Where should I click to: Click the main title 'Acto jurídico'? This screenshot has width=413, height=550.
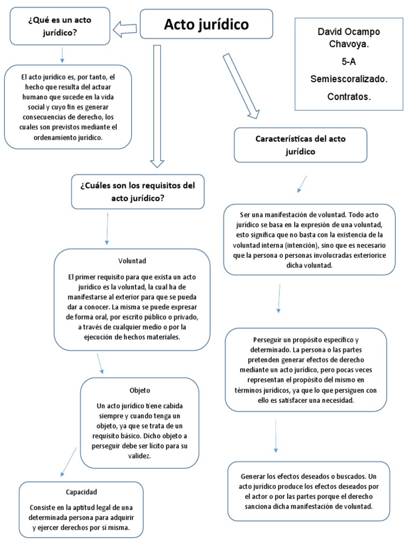pyautogui.click(x=206, y=24)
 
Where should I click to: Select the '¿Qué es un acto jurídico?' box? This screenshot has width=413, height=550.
pyautogui.click(x=60, y=26)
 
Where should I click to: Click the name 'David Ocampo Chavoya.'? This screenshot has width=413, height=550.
pyautogui.click(x=348, y=38)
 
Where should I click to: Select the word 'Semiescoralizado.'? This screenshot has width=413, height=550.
pyautogui.click(x=348, y=78)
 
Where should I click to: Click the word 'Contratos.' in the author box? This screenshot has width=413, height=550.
pyautogui.click(x=348, y=97)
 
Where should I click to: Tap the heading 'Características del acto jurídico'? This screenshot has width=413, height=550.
pyautogui.click(x=300, y=145)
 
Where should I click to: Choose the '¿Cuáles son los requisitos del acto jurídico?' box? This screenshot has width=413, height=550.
pyautogui.click(x=138, y=191)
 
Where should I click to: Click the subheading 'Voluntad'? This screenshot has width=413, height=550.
pyautogui.click(x=132, y=261)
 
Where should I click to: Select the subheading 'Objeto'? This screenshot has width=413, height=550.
pyautogui.click(x=140, y=390)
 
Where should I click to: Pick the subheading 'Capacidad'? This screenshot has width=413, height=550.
pyautogui.click(x=81, y=491)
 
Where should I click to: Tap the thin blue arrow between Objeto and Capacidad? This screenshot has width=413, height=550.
pyautogui.click(x=68, y=461)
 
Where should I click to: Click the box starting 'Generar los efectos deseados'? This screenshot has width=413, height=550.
pyautogui.click(x=308, y=491)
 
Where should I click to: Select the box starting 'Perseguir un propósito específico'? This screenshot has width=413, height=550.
pyautogui.click(x=305, y=370)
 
